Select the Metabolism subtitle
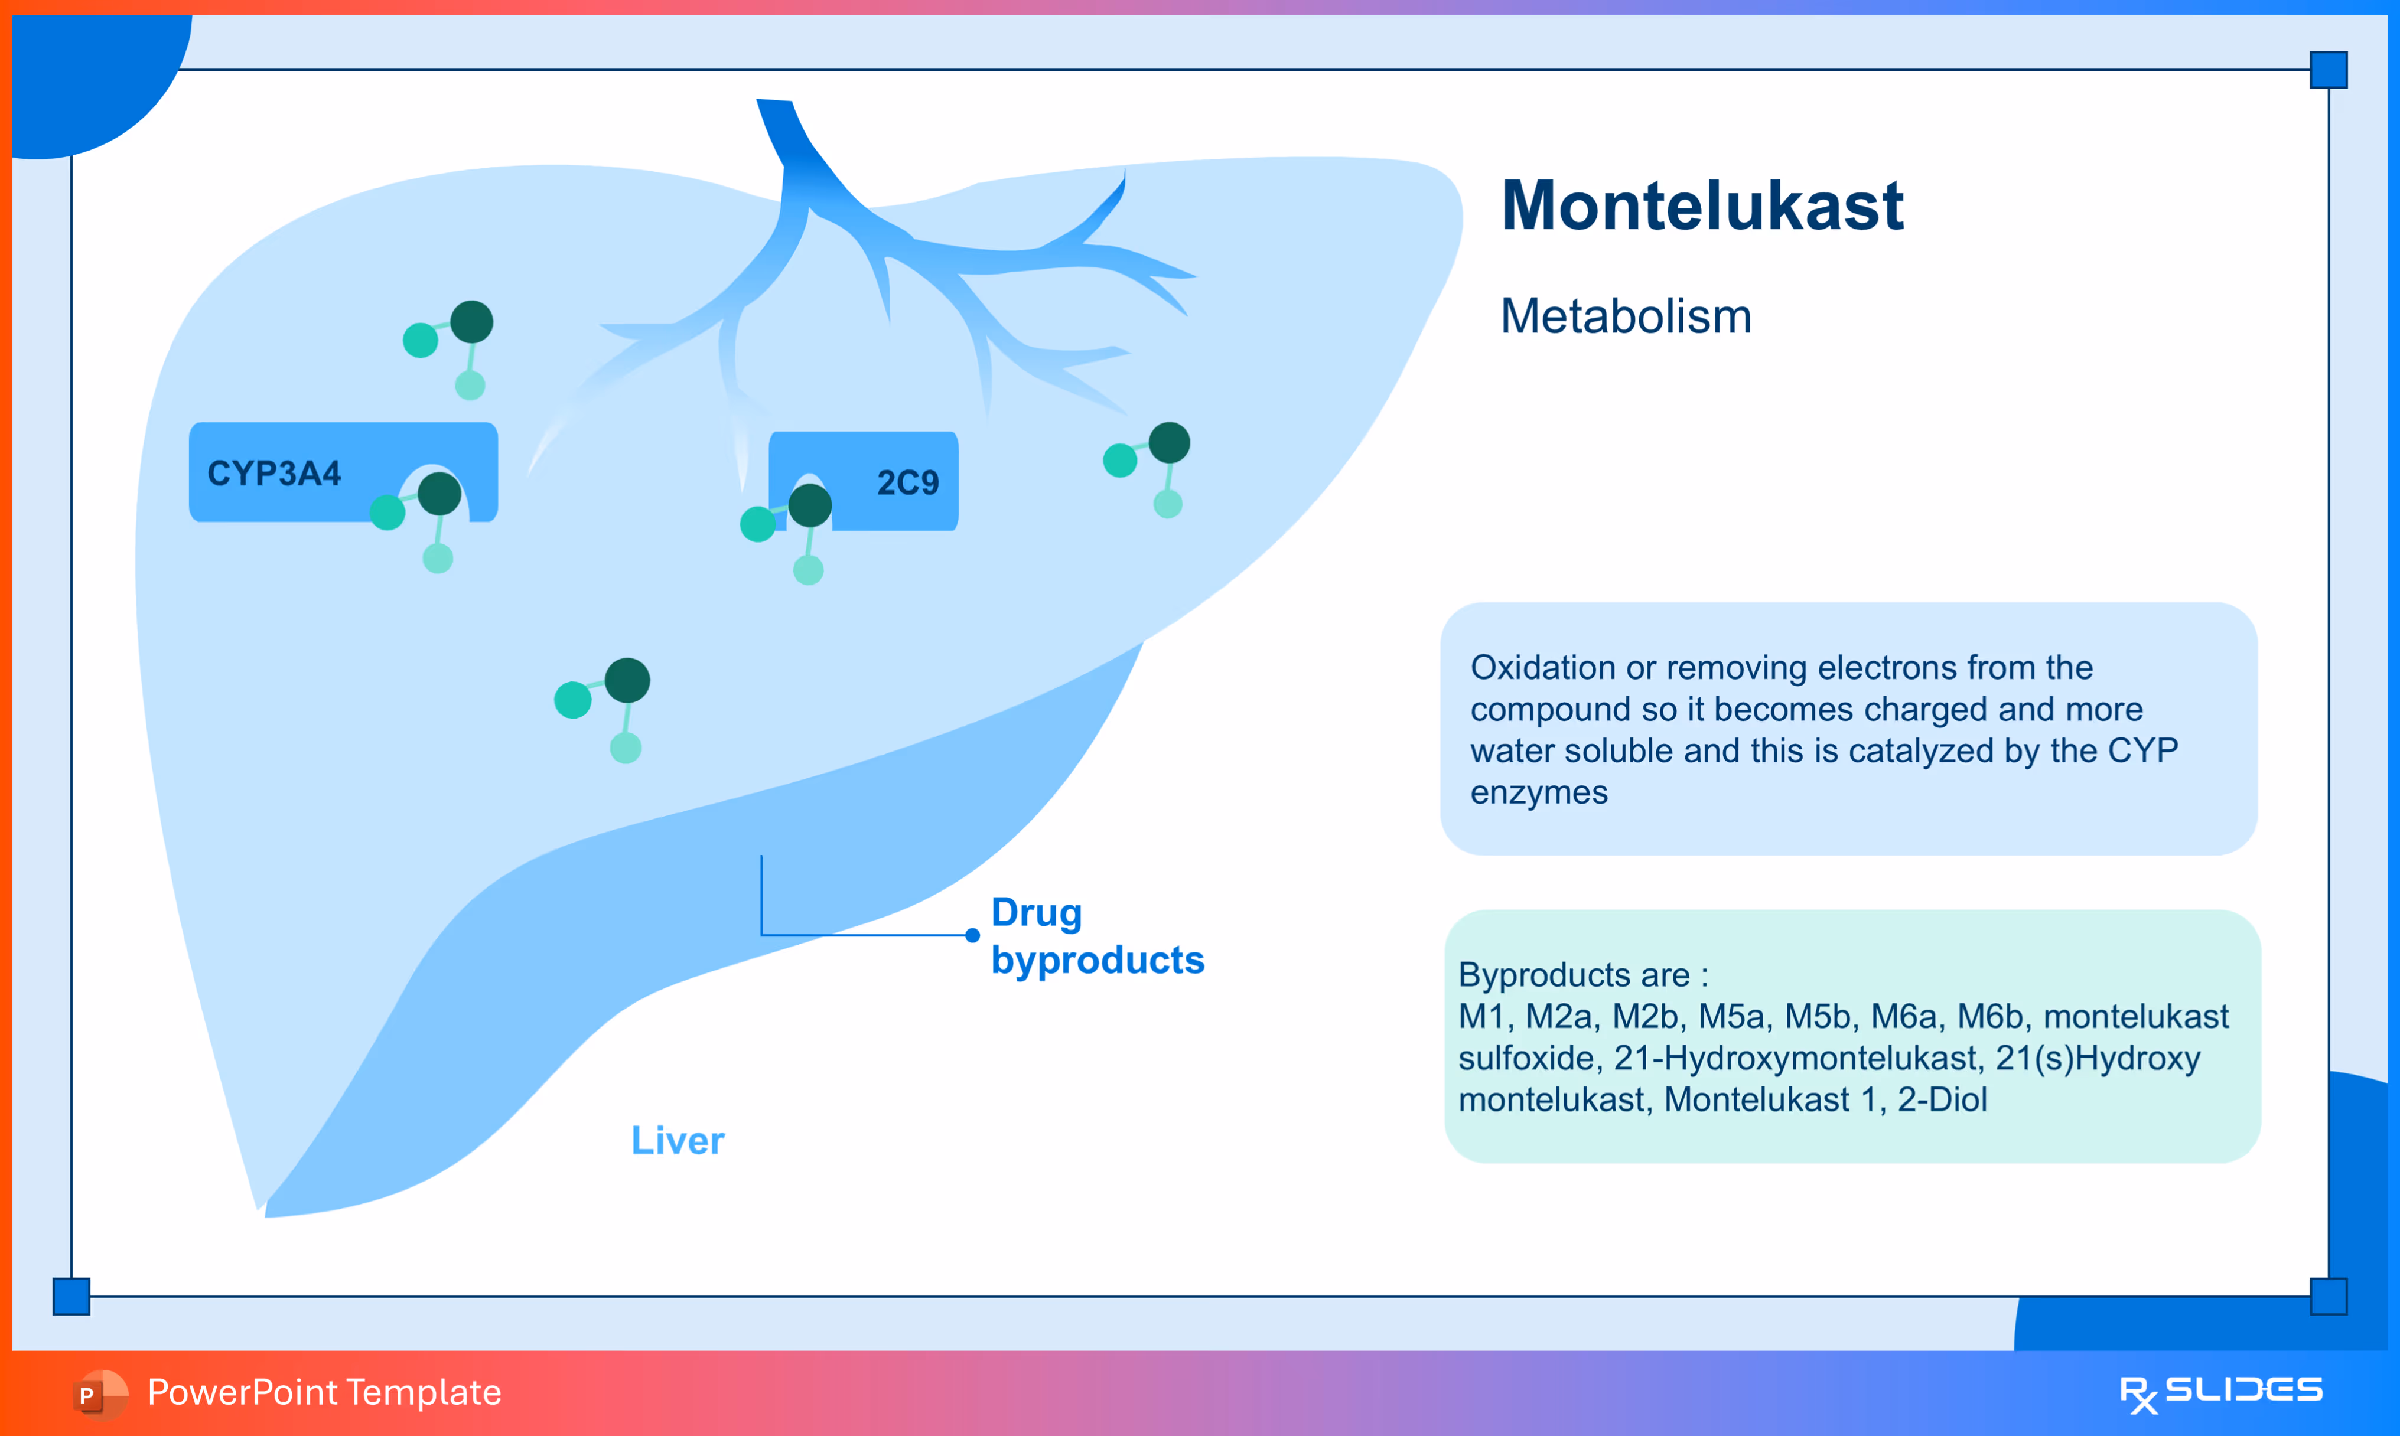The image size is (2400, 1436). coord(1625,316)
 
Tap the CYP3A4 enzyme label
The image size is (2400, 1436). coord(274,473)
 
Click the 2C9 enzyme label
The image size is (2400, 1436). coord(907,482)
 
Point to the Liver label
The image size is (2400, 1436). coord(678,1141)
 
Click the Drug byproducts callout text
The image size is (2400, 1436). coord(1096,936)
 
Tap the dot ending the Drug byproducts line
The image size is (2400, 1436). coord(972,935)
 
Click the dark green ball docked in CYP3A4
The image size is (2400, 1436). coord(439,494)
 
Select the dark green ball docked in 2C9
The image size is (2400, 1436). coord(810,505)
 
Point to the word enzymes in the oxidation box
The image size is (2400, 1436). coord(1539,792)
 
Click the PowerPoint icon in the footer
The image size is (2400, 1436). coord(99,1393)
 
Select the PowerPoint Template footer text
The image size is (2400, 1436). coord(324,1392)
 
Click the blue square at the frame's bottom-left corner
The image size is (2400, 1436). coord(71,1295)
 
